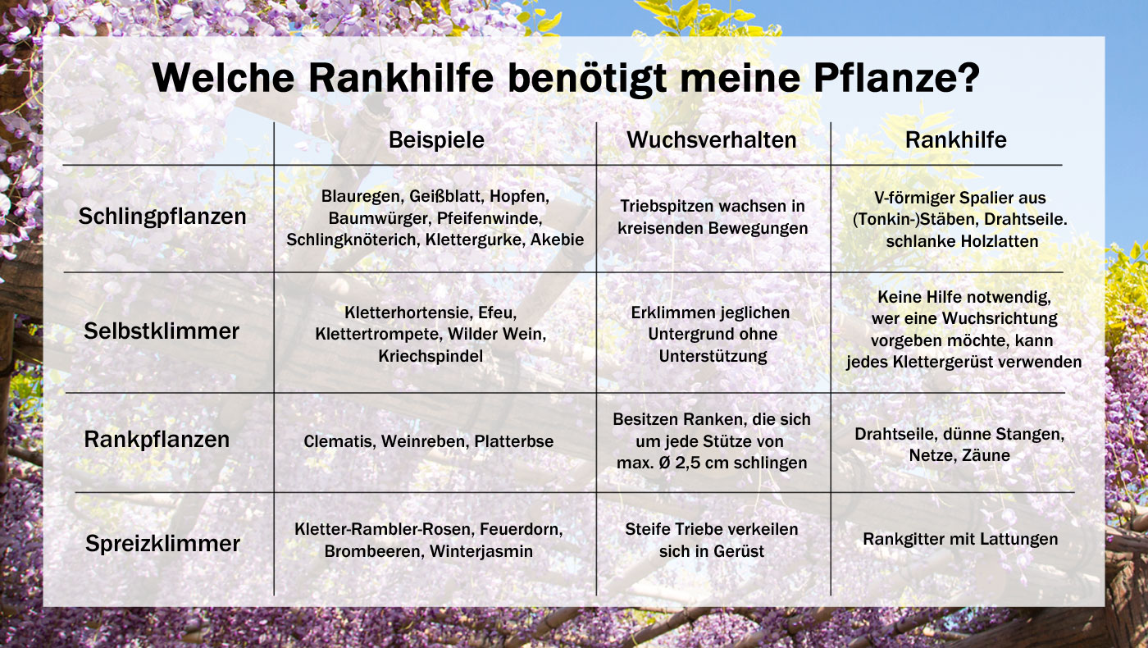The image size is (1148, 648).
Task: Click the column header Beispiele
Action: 436,140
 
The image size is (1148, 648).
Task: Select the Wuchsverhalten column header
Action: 712,140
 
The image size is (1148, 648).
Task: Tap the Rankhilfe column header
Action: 955,140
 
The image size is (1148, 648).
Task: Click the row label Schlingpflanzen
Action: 162,217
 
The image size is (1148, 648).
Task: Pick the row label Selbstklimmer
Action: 162,331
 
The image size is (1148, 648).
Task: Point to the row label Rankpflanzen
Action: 157,440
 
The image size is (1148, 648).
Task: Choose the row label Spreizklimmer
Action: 162,543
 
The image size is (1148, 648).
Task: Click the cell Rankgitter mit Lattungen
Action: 960,539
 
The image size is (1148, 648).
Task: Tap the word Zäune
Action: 982,455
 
